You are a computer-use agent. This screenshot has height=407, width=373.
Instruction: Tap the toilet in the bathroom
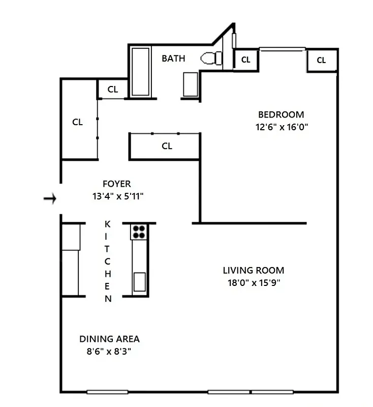211,59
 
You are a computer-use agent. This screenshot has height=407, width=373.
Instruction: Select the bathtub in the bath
140,71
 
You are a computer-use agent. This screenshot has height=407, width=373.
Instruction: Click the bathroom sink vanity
190,84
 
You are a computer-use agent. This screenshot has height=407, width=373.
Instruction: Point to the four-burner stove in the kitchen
139,232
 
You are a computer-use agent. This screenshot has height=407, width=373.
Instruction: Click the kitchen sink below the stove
139,280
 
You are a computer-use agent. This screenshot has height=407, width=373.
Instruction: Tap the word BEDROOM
281,114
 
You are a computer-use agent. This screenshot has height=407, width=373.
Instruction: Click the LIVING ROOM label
254,270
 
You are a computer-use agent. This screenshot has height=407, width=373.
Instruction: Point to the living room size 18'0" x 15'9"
254,283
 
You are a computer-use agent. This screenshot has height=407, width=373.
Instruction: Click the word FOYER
116,184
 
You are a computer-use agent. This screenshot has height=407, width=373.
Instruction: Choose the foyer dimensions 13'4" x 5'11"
117,196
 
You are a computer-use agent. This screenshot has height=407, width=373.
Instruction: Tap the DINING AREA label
109,339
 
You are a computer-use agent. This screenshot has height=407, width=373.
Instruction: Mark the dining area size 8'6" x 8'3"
109,352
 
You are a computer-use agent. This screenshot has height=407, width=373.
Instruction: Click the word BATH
173,59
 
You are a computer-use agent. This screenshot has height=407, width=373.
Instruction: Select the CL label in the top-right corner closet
321,60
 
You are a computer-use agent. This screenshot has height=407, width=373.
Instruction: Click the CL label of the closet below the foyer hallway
167,146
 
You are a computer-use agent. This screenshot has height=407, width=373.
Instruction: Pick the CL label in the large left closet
77,122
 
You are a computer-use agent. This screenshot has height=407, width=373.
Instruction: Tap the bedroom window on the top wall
282,49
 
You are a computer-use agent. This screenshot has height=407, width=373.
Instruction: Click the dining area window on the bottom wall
107,392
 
